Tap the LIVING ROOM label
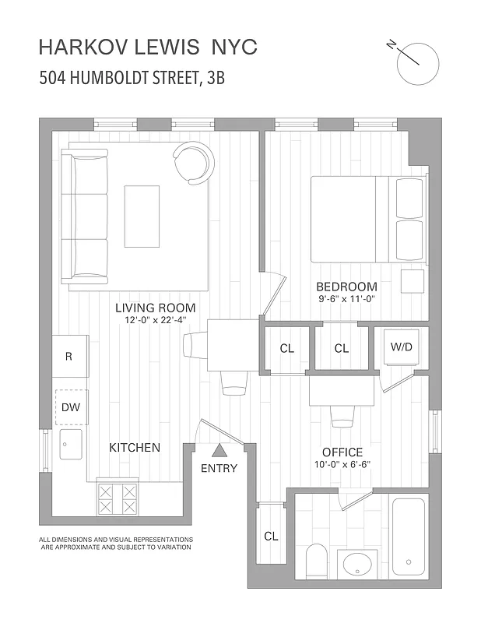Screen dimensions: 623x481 click(x=156, y=307)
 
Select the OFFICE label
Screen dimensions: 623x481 click(x=342, y=452)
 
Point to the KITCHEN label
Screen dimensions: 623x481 click(x=134, y=448)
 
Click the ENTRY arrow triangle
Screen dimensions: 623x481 click(x=219, y=449)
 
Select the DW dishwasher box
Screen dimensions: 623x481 click(x=70, y=407)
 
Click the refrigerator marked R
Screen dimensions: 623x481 click(x=70, y=357)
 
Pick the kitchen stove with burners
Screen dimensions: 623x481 click(x=118, y=498)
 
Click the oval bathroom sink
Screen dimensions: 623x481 click(x=358, y=563)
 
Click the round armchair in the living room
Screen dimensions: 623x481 click(x=193, y=163)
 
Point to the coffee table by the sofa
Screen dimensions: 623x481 click(x=142, y=215)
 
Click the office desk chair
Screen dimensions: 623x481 click(x=342, y=416)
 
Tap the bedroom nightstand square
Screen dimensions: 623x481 click(x=413, y=281)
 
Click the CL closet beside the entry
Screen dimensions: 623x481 click(x=271, y=536)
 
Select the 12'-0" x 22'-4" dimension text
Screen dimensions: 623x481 click(x=156, y=320)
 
